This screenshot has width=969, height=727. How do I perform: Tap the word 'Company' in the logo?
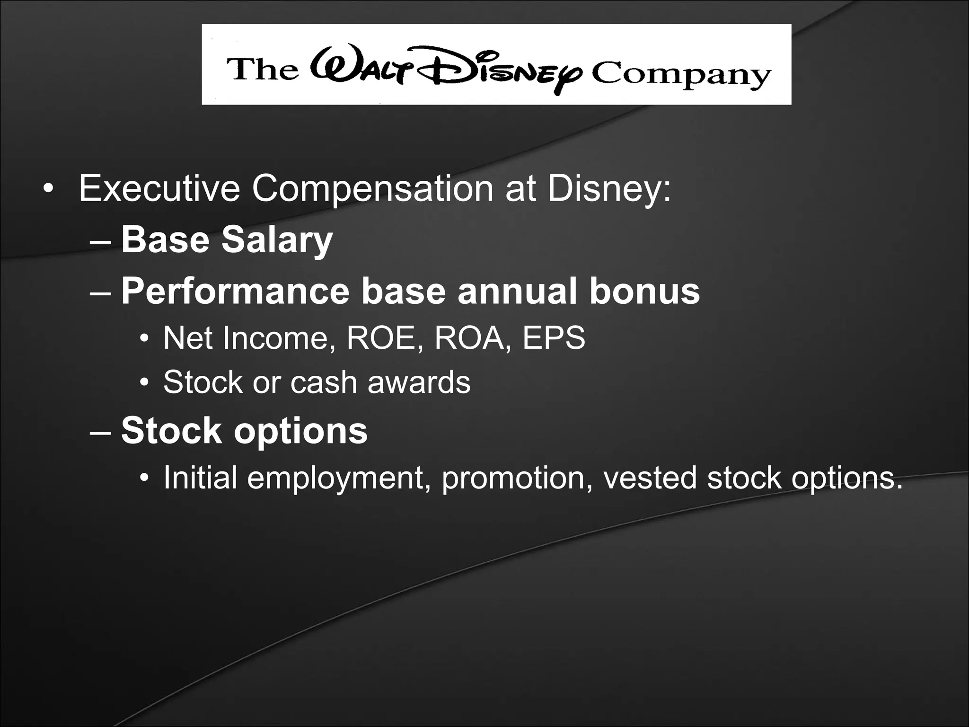pos(681,76)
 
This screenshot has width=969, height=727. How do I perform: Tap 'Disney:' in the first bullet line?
pos(608,189)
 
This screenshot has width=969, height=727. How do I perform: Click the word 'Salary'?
pos(277,240)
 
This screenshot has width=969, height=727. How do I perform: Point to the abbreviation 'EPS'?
pos(554,338)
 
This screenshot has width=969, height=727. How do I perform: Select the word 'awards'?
pos(419,382)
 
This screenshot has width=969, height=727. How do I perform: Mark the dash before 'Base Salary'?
pos(100,241)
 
